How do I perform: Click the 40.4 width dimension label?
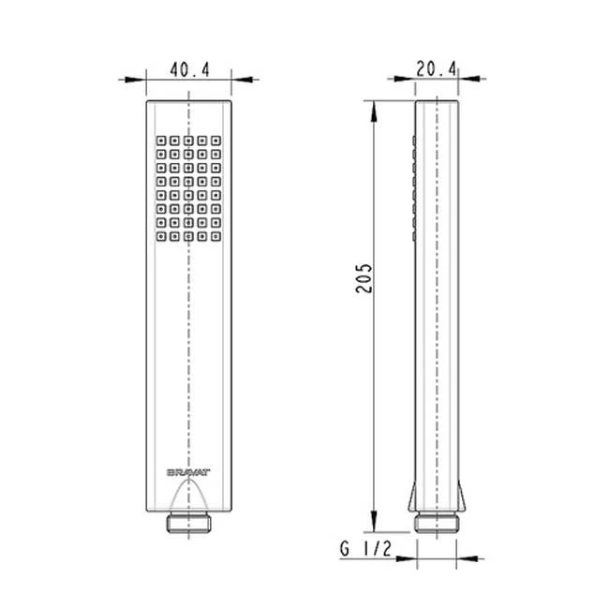[x=189, y=70]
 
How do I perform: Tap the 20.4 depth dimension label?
[x=437, y=69]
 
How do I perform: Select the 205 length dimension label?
[x=364, y=278]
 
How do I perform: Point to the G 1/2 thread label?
[x=365, y=549]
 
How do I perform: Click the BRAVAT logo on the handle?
[x=188, y=472]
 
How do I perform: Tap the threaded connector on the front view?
[x=188, y=522]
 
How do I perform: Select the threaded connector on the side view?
[x=437, y=522]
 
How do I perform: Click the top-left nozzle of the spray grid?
[x=161, y=141]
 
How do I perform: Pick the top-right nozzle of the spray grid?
[x=215, y=141]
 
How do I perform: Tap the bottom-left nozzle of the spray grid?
[x=161, y=236]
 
